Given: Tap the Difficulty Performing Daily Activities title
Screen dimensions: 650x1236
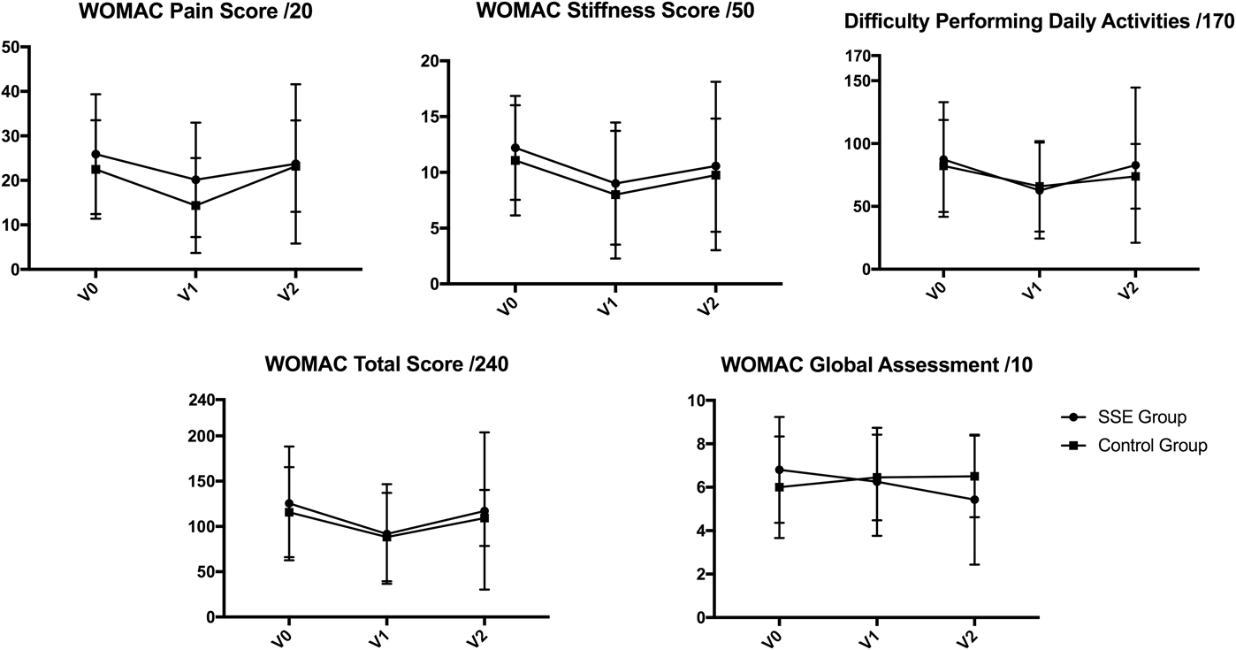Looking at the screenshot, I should [1038, 23].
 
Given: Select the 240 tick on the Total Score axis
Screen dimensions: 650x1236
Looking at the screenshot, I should [202, 400].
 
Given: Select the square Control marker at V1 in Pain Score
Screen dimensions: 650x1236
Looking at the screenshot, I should [195, 205].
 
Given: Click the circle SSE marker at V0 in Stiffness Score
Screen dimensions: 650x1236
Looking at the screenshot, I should [515, 148].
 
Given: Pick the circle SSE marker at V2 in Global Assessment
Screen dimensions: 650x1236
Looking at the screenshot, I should [974, 500].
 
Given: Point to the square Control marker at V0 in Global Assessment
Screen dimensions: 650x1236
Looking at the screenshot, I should [779, 487].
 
